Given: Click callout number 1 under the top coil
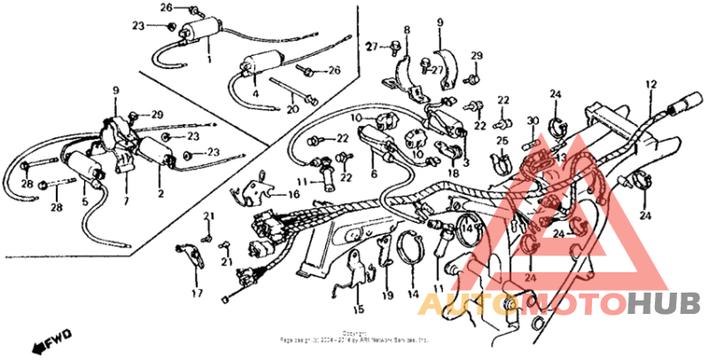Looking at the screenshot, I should click(208, 59).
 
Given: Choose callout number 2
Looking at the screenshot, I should click(160, 192).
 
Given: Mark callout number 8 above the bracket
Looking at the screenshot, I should click(407, 30).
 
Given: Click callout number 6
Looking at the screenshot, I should click(374, 175).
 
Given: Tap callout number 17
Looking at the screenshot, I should click(197, 293).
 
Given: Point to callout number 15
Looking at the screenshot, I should click(358, 309).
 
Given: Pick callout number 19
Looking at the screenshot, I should click(387, 294).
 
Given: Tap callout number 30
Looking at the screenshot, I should click(533, 121).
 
